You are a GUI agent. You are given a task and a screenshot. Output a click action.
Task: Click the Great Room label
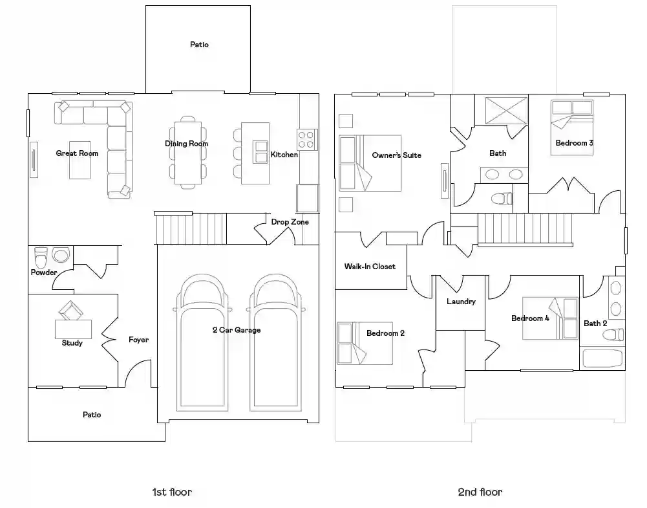[x=77, y=153]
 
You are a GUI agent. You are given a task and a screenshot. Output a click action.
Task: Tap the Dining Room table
[x=187, y=153]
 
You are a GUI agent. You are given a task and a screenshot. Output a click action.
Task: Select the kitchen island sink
[x=261, y=152]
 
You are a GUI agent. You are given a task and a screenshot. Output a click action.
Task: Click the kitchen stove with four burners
[x=307, y=140]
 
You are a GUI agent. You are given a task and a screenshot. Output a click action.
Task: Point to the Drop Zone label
[x=290, y=222]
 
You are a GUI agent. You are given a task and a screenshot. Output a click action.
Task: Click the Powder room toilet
[x=41, y=258]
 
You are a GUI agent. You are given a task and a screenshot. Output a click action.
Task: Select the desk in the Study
[x=74, y=329]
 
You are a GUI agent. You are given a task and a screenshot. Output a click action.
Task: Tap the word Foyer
[x=138, y=340]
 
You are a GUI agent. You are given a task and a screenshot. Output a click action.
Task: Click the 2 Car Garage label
[x=237, y=329]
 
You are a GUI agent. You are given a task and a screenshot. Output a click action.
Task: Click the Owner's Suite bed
[x=370, y=163]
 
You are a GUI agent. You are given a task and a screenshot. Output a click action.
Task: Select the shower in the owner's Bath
[x=506, y=111]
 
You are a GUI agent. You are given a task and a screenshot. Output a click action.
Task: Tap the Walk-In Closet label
[x=370, y=267]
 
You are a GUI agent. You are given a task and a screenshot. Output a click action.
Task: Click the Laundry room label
[x=461, y=302]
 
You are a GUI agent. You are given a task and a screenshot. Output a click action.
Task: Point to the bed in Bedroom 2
[x=365, y=343]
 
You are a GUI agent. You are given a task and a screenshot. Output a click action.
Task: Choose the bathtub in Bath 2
[x=602, y=358]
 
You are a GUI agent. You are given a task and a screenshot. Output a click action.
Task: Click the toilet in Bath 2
[x=613, y=334]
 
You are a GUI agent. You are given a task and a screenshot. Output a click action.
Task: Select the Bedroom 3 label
[x=574, y=143]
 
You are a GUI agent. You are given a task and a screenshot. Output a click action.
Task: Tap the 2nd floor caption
[x=480, y=492]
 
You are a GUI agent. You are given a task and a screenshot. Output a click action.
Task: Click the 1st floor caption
[x=172, y=492]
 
